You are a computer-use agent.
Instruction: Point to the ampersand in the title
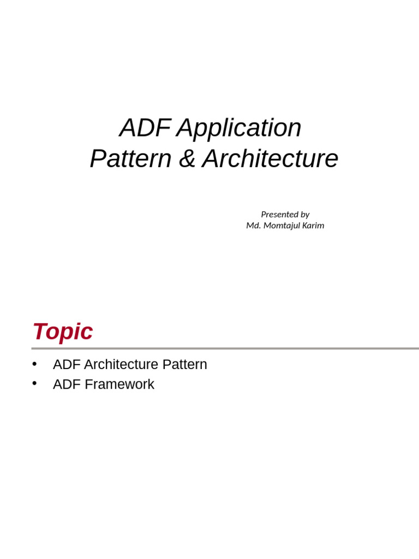point(187,159)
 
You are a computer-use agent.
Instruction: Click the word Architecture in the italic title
point(270,159)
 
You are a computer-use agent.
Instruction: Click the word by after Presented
point(304,215)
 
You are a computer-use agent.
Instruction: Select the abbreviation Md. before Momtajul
point(253,225)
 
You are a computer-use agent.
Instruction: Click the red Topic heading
point(63,331)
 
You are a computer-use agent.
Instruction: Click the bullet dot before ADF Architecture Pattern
point(34,364)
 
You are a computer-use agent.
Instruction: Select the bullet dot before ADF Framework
point(34,383)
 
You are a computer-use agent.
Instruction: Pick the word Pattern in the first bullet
point(184,365)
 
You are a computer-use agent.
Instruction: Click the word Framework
point(119,384)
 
